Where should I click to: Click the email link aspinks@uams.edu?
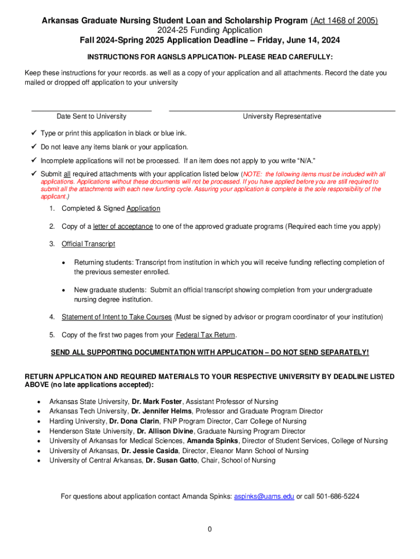pyautogui.click(x=264, y=497)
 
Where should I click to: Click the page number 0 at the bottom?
pyautogui.click(x=209, y=529)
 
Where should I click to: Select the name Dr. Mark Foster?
pyautogui.click(x=157, y=402)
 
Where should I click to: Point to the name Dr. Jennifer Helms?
pyautogui.click(x=161, y=411)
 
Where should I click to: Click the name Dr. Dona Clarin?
pyautogui.click(x=134, y=421)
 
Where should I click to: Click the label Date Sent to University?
pyautogui.click(x=92, y=116)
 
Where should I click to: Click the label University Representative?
pyautogui.click(x=282, y=116)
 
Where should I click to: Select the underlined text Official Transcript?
pyautogui.click(x=88, y=244)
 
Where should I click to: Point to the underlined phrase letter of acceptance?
pyautogui.click(x=123, y=227)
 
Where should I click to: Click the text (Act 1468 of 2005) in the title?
pyautogui.click(x=344, y=21)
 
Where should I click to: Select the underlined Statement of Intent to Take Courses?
pyautogui.click(x=117, y=317)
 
